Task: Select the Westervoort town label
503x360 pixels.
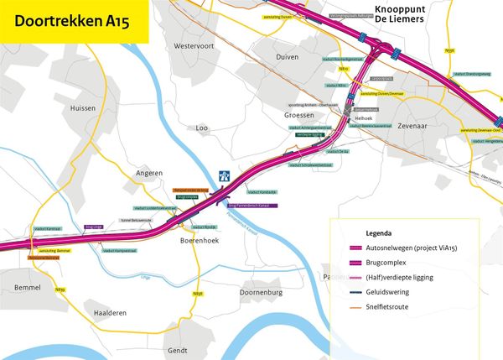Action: (194, 44)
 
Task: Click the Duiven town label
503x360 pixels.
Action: (287, 55)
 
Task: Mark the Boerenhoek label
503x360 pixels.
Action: (200, 240)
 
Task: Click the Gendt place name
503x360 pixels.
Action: (178, 349)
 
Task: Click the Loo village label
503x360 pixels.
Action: (201, 128)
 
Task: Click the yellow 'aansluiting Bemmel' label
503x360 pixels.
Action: (54, 250)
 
